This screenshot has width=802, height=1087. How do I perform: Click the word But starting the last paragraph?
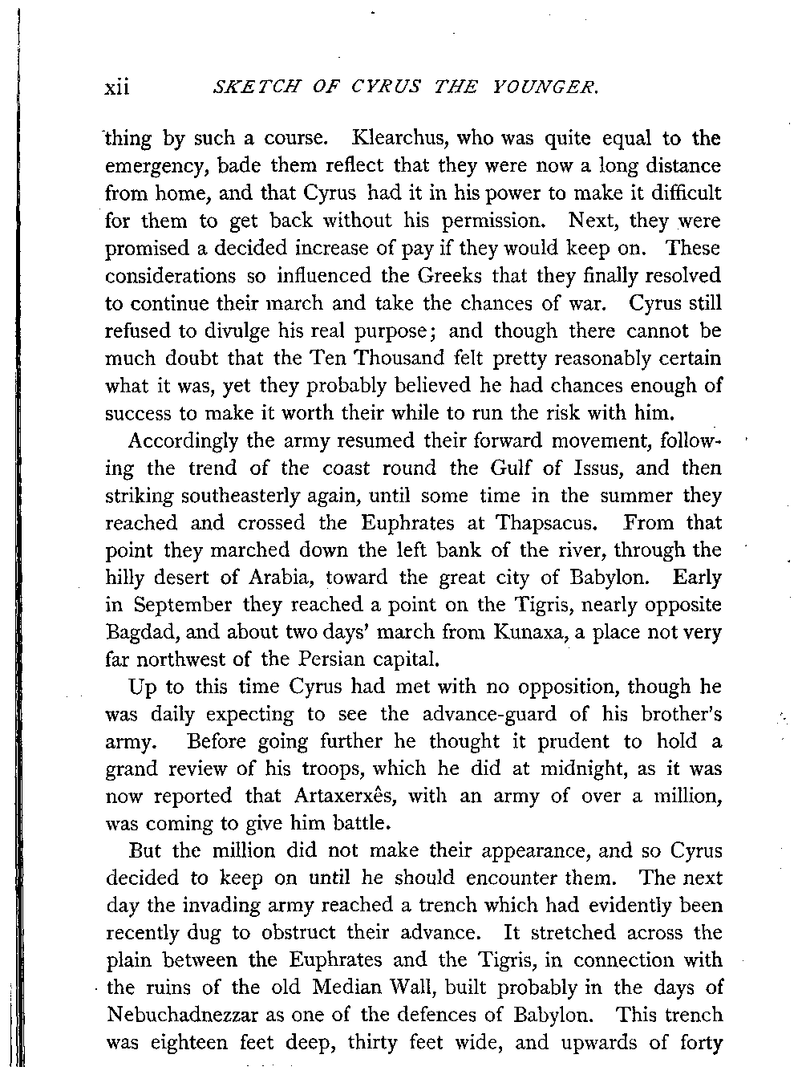[145, 850]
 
